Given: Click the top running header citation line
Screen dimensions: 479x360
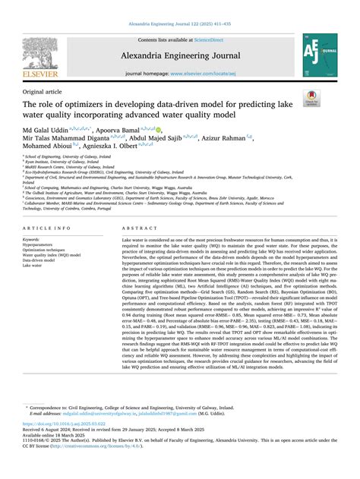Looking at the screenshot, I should [180, 25].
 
